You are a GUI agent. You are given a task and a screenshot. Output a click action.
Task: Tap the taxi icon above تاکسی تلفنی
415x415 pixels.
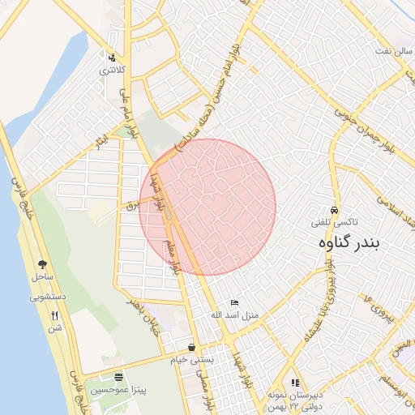334,208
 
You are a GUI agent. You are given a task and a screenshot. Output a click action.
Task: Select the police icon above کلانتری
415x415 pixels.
111,58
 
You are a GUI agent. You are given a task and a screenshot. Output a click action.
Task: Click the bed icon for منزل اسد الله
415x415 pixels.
235,302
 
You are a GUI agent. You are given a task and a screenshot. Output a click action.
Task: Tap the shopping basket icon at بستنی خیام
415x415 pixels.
191,346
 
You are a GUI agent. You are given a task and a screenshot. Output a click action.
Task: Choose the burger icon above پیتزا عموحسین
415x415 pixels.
118,377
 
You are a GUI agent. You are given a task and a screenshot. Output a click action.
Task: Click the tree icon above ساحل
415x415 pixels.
42,264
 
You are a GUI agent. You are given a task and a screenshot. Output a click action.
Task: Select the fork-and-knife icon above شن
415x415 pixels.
55,315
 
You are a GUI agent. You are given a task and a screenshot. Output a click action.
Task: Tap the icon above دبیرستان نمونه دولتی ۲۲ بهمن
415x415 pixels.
295,383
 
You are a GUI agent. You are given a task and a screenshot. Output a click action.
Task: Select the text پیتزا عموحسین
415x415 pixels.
118,390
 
